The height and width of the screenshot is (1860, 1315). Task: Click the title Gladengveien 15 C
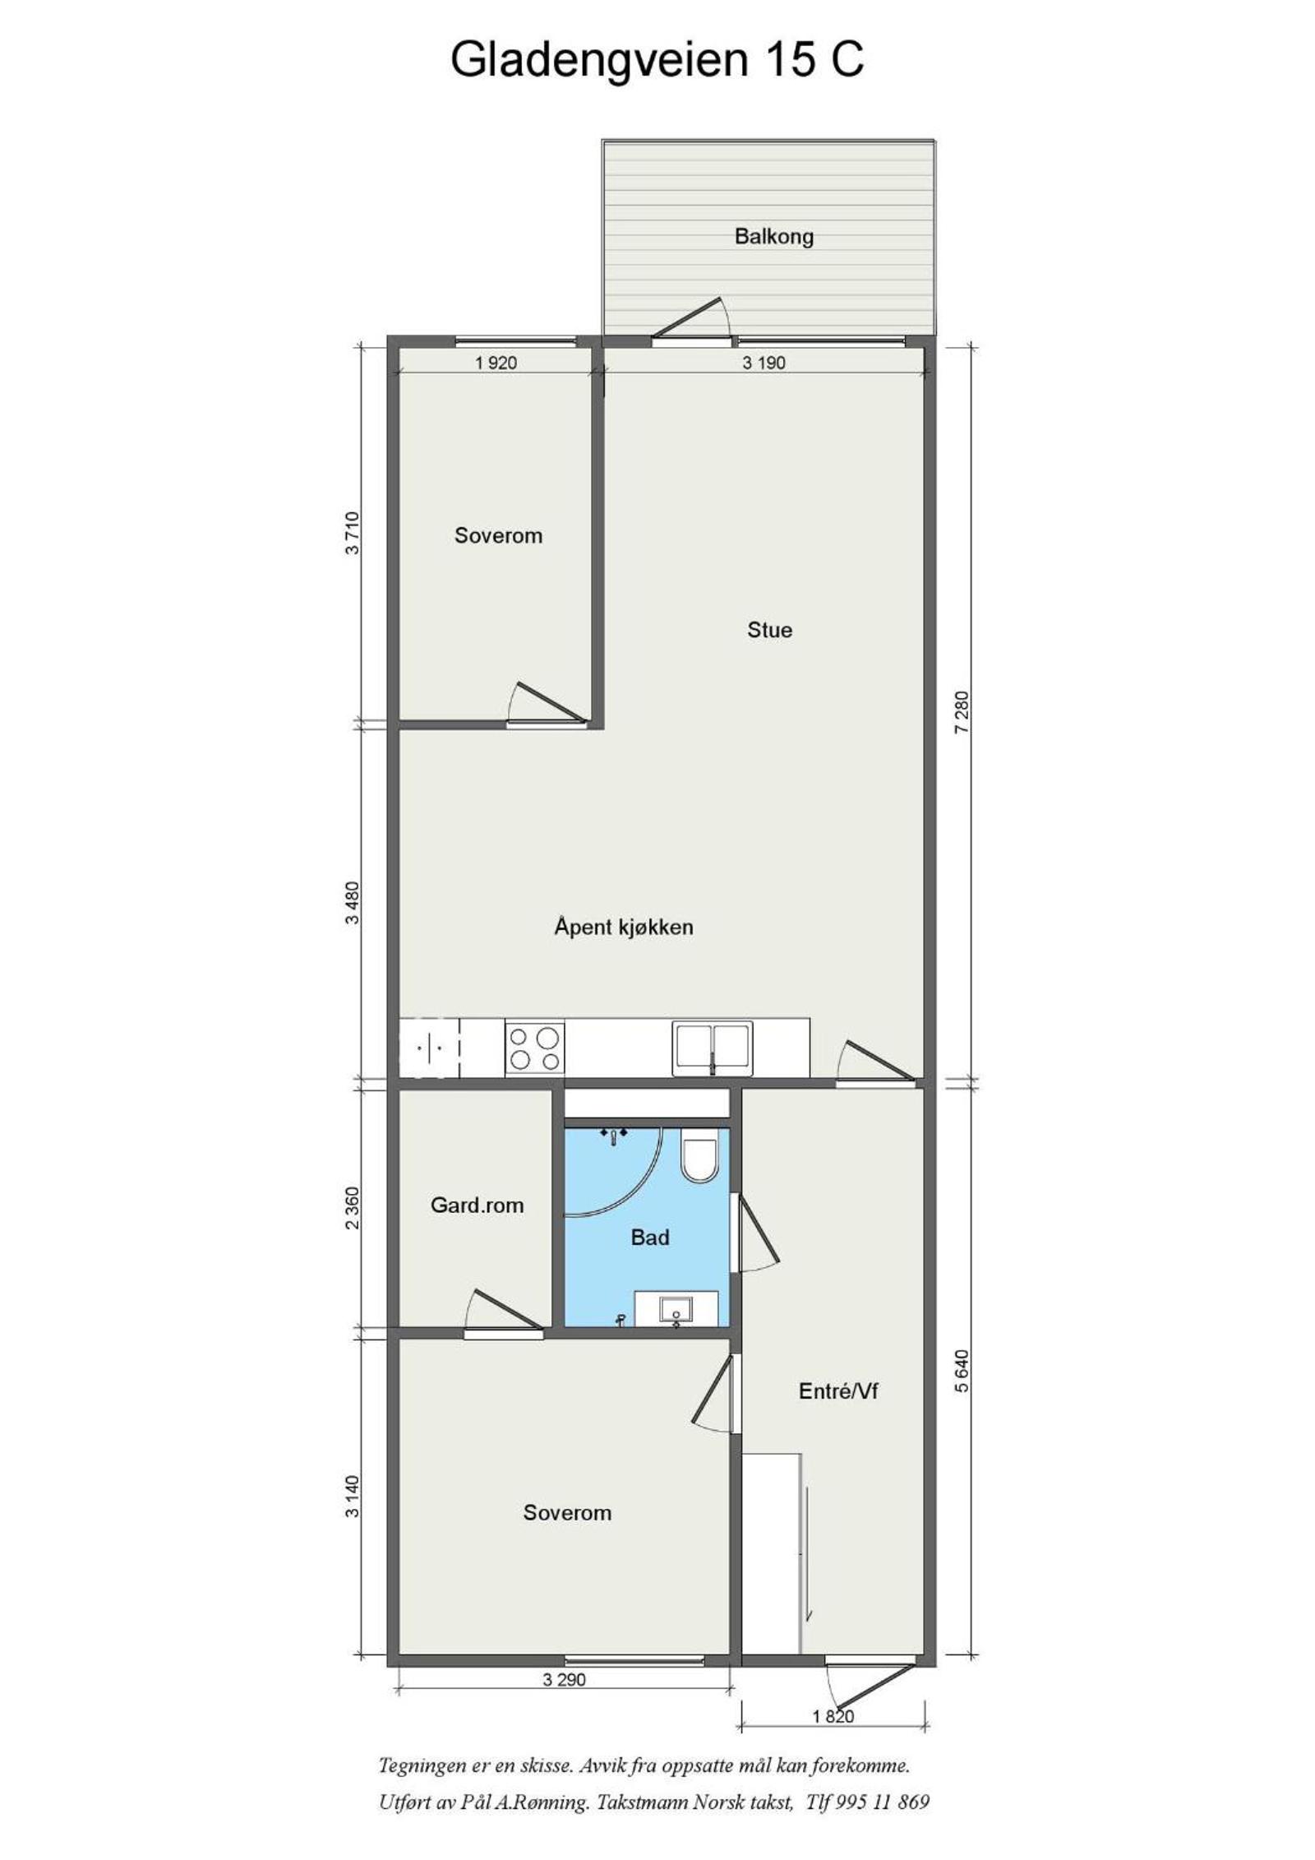pos(657,60)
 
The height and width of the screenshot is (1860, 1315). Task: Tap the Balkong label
pos(774,237)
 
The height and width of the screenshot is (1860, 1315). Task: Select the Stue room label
pos(769,630)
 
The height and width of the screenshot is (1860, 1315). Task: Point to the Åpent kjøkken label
pos(623,927)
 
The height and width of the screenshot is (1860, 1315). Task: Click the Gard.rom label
pos(477,1205)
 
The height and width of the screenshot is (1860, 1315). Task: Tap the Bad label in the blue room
pos(649,1238)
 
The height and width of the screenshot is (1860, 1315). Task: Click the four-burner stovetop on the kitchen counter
pos(534,1048)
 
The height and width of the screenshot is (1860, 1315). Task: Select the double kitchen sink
pos(712,1048)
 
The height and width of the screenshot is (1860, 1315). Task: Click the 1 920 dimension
pos(496,363)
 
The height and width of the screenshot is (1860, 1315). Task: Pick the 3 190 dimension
pos(764,363)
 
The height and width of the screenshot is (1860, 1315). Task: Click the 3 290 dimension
pos(564,1679)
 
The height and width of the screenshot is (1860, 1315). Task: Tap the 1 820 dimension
pos(833,1716)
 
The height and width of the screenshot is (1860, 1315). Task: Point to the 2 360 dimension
pos(353,1207)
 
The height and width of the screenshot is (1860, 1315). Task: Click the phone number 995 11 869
pos(882,1802)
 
